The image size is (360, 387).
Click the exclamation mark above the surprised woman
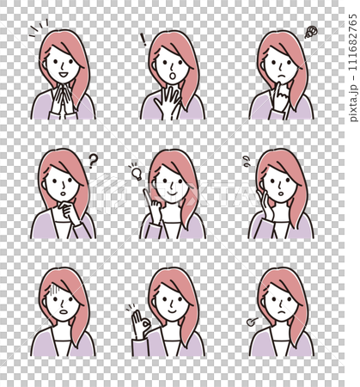143,38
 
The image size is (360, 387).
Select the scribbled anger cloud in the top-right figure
311,33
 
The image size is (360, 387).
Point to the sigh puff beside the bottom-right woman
251,322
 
